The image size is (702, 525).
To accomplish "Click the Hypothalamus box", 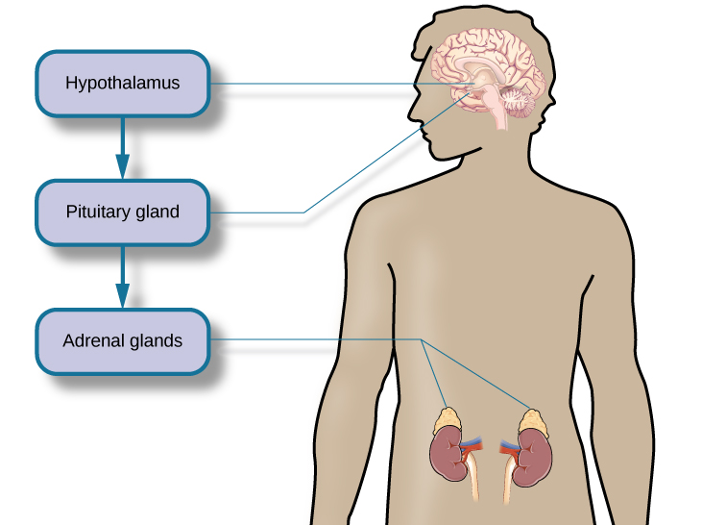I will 122,83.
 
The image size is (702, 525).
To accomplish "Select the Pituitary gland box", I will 122,212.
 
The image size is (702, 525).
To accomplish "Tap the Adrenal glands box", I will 122,340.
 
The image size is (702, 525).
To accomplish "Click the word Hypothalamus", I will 122,83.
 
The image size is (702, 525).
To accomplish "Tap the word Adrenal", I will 90,340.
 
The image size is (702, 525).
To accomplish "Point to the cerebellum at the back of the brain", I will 520,100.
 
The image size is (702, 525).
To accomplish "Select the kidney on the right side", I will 529,455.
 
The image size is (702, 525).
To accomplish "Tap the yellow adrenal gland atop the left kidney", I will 448,418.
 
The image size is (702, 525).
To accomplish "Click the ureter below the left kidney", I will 472,486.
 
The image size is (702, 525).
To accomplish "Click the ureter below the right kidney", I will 505,486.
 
